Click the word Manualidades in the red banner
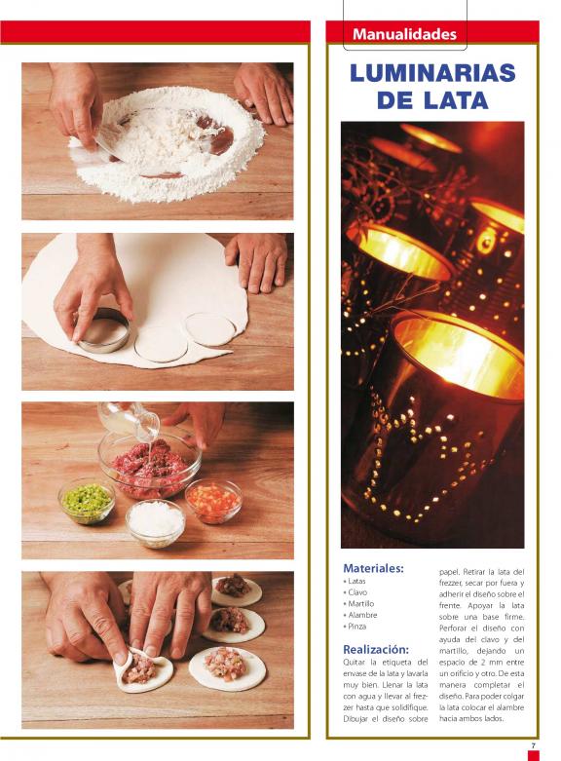[x=404, y=34]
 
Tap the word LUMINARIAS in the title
[x=431, y=73]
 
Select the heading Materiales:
[x=373, y=568]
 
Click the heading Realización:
[x=376, y=649]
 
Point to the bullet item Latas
[x=355, y=581]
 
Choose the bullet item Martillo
[x=358, y=604]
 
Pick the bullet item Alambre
[x=360, y=615]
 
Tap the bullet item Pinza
[x=355, y=627]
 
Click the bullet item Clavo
[x=355, y=592]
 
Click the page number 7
[x=533, y=745]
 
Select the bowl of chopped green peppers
[x=87, y=502]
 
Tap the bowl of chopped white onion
[x=155, y=523]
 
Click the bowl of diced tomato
[x=213, y=502]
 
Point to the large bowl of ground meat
[x=149, y=466]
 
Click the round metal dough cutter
[x=103, y=330]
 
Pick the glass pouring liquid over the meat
[x=129, y=418]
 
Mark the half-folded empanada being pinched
[x=143, y=669]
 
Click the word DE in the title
[x=394, y=100]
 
